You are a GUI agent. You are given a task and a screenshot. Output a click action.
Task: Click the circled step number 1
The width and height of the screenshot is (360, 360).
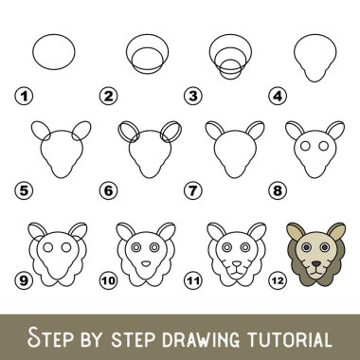click(24, 96)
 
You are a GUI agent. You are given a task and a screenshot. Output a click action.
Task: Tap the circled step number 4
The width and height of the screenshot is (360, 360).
click(278, 96)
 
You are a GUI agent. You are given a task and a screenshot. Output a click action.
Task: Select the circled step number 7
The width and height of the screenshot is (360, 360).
click(193, 190)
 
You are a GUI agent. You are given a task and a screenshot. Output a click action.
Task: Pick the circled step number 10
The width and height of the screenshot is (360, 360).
click(108, 280)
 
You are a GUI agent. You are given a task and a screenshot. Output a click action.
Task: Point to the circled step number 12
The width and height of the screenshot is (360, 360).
click(278, 280)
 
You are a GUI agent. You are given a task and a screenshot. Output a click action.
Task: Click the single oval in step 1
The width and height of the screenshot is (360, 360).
click(33, 52)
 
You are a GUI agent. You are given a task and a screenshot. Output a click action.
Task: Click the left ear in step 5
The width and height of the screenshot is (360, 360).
click(32, 130)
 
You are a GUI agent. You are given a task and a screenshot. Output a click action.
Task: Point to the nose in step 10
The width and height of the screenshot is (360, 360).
click(146, 263)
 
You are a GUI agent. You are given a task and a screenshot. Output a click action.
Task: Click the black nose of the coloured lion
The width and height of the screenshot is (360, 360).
click(315, 263)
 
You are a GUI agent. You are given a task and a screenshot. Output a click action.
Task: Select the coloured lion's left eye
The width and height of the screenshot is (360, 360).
click(306, 247)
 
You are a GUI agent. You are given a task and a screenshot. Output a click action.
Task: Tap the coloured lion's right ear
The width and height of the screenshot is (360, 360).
click(336, 231)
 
